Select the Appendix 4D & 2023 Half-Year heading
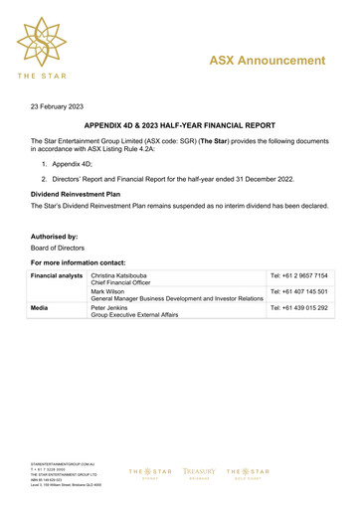pyautogui.click(x=179, y=127)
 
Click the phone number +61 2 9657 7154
pyautogui.click(x=298, y=274)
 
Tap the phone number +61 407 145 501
pyautogui.click(x=298, y=292)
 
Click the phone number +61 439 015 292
pyautogui.click(x=298, y=309)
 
